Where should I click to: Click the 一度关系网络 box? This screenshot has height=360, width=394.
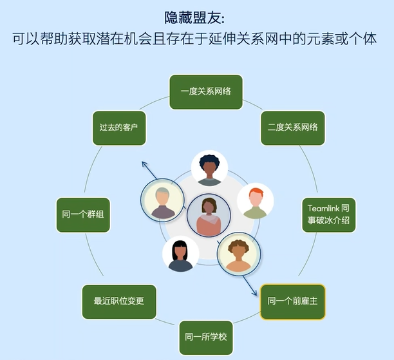coord(206,92)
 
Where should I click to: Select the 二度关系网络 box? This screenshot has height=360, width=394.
coord(293,128)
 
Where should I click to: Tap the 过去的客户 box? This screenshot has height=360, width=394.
coord(119,128)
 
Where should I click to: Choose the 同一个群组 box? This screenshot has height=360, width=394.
coord(83,215)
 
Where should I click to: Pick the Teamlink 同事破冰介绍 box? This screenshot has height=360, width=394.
coord(329,215)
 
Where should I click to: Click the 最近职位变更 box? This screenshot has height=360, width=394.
coord(119,301)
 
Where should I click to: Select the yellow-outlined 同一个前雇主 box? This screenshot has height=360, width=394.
coord(293,301)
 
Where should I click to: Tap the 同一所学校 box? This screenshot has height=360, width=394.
coord(206,337)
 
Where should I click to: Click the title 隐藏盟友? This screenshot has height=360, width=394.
coord(194,17)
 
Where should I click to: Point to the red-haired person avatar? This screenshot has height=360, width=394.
coord(256,201)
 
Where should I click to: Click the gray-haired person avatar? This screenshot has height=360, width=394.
coord(162,200)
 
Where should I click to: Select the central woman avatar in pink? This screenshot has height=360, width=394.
coord(209,216)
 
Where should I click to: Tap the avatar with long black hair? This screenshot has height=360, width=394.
coord(181,254)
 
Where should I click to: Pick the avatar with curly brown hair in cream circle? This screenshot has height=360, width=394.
coord(239,254)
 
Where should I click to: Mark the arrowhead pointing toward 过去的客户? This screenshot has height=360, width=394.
coord(144,164)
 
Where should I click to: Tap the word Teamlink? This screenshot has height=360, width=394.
coord(324,209)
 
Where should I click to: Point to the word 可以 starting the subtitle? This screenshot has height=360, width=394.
coord(26,39)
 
